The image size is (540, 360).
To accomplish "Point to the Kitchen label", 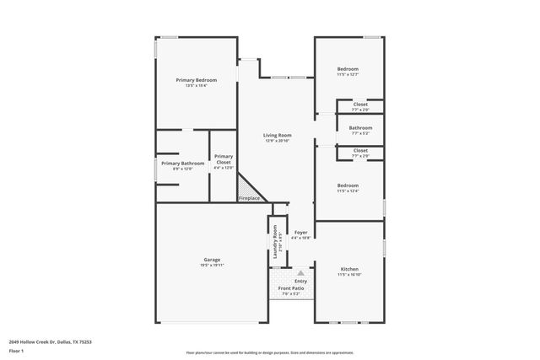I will pos(348,269).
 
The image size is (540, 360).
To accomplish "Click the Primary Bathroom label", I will pos(182,163).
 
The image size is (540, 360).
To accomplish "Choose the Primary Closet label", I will pos(224,159).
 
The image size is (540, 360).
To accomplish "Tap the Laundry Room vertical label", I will pos(275,242).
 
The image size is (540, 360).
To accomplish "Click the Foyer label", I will pos(300,232).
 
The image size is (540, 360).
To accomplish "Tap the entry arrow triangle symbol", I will pos(300,273).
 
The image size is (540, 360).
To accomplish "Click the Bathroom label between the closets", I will pos(360,128).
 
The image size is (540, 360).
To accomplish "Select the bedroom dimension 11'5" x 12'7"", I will pos(348,74).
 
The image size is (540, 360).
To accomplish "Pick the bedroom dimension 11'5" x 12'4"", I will pos(348,191).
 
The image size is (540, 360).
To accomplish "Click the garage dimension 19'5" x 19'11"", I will pos(211,265).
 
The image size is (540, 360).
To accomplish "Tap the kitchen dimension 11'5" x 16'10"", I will pos(348,275).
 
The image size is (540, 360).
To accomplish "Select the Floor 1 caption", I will pos(16,350).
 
